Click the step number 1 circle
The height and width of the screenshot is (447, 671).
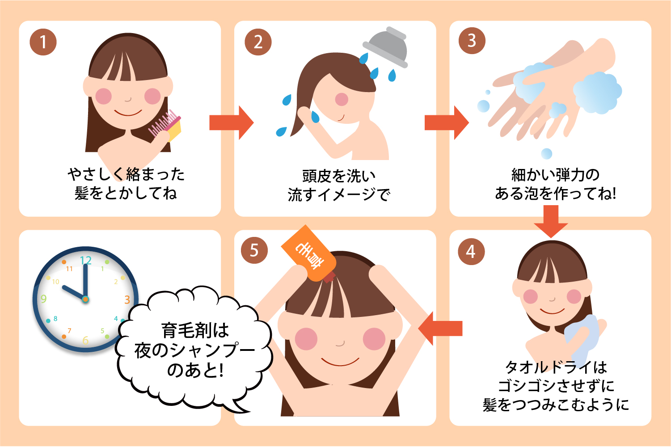(43, 42)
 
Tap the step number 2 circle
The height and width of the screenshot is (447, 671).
(258, 42)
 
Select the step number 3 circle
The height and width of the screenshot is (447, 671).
(472, 40)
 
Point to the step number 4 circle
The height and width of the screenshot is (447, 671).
(471, 251)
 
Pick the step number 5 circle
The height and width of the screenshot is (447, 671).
(254, 250)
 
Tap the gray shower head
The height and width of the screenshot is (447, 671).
(386, 47)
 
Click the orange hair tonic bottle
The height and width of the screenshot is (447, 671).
(308, 253)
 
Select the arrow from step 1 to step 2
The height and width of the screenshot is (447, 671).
(232, 122)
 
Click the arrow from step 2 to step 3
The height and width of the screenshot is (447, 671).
(447, 122)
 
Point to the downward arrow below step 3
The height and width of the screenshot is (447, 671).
(551, 222)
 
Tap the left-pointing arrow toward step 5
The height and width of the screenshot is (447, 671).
(440, 329)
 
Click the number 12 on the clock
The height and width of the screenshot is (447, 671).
(86, 260)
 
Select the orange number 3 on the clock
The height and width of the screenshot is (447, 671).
(127, 299)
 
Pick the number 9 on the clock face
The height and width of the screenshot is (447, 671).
(44, 299)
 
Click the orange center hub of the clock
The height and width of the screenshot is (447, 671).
(85, 299)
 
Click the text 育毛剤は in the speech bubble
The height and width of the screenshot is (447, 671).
(195, 331)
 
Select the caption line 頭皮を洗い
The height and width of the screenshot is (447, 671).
(339, 176)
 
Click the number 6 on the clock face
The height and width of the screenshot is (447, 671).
(85, 340)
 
